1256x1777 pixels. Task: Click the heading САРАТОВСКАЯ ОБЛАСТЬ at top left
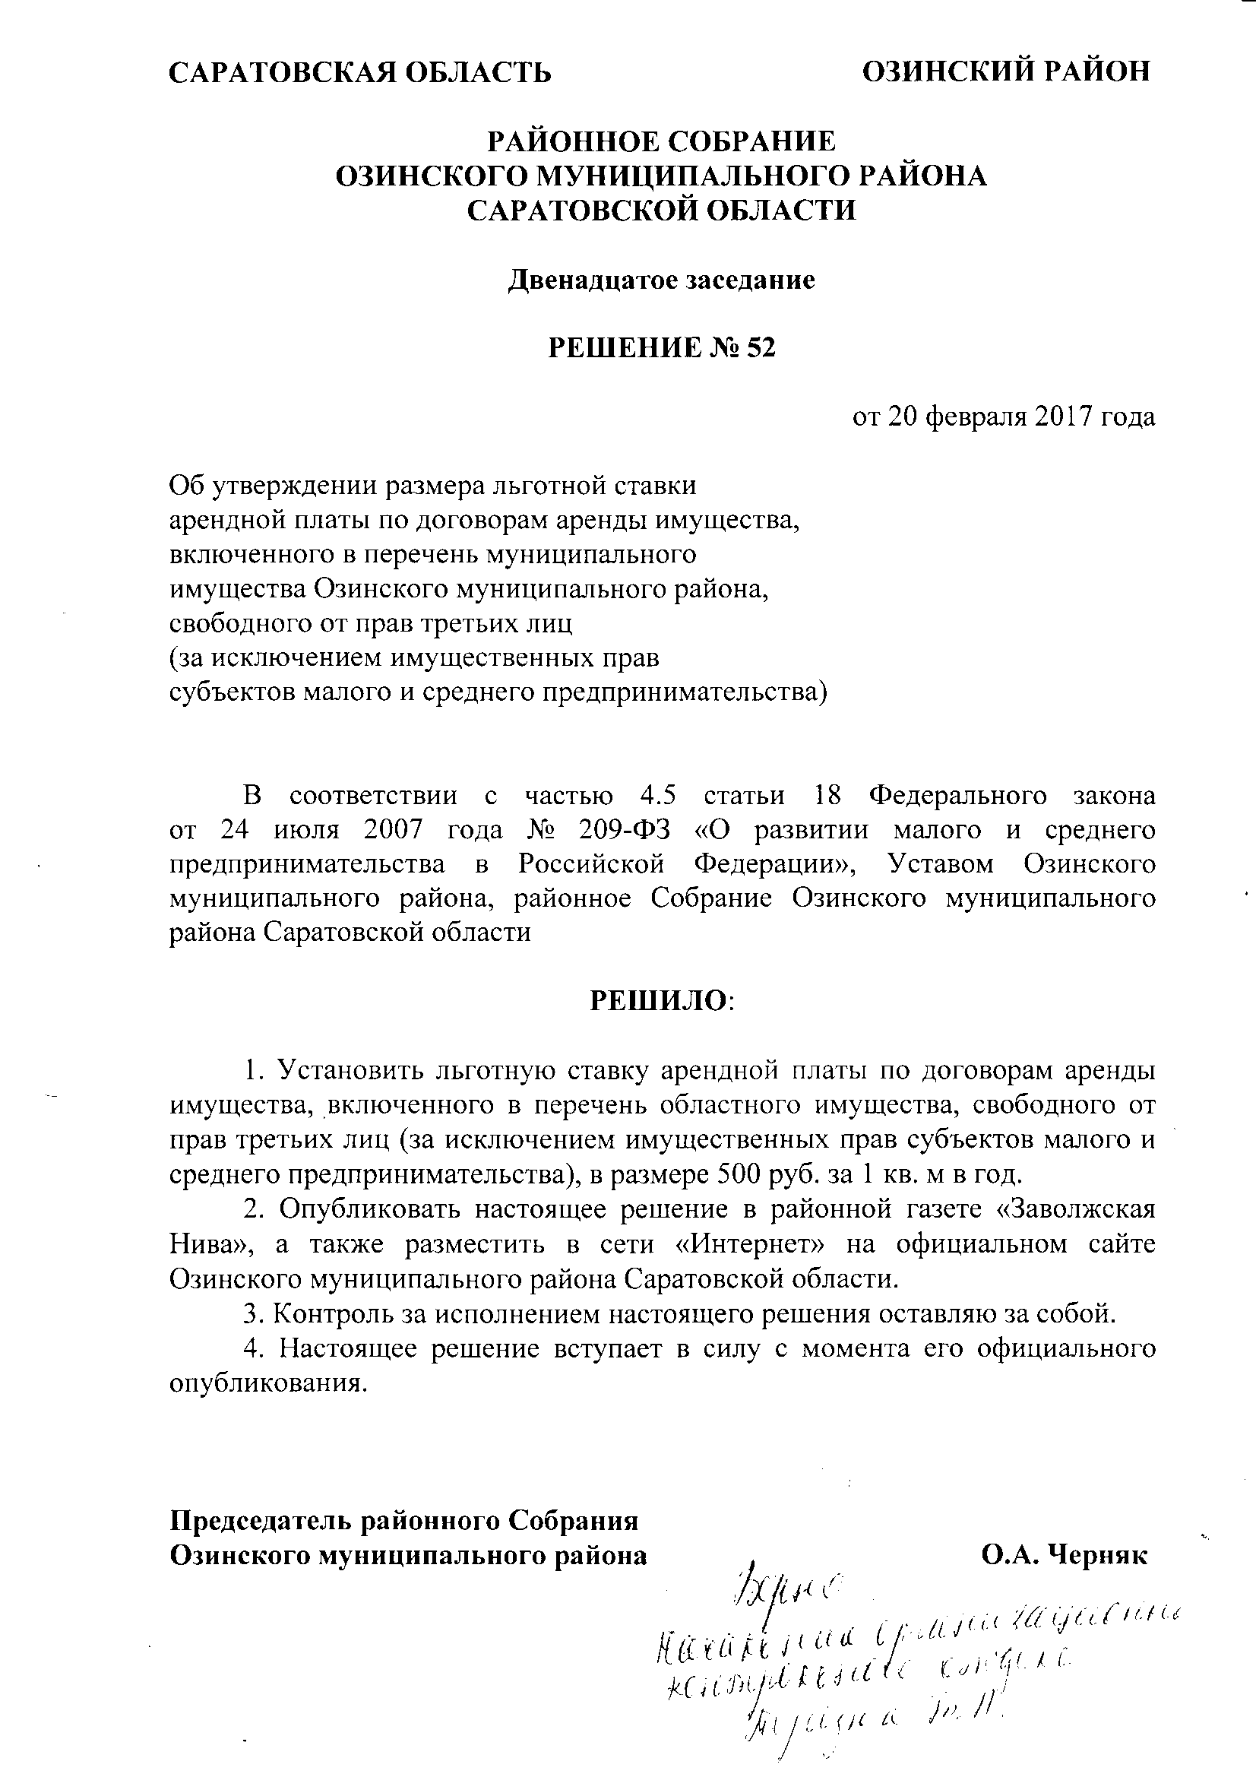click(360, 72)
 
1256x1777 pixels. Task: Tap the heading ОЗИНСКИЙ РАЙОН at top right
click(1006, 71)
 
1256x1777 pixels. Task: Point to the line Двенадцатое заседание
click(661, 280)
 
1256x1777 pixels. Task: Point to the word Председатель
click(261, 1521)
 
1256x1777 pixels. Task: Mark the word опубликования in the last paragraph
click(267, 1383)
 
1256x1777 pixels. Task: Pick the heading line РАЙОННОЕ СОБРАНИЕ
click(661, 141)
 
